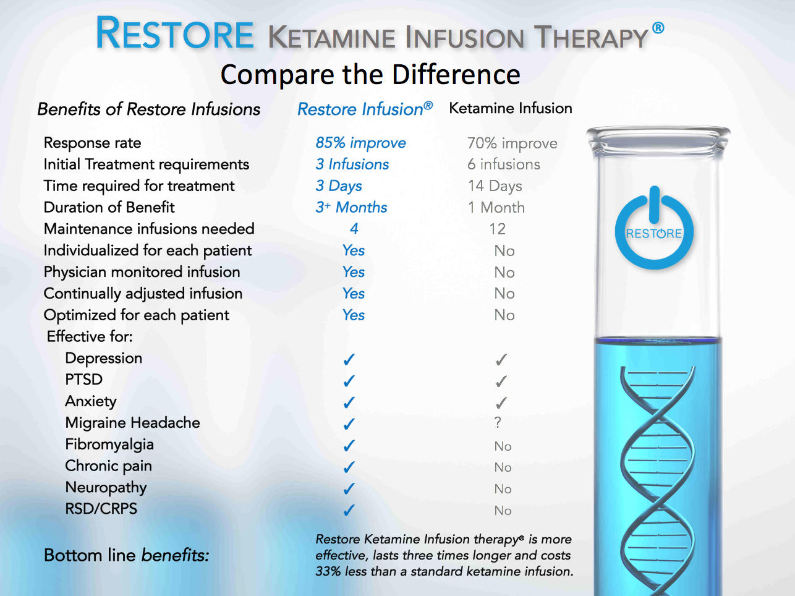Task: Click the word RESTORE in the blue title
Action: tap(175, 34)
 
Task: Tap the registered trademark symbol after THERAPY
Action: tap(658, 28)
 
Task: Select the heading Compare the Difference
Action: tap(370, 75)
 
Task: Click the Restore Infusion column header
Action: tap(364, 109)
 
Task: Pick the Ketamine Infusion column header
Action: tap(510, 108)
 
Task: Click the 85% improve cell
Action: tap(360, 143)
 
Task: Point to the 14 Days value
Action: tap(495, 186)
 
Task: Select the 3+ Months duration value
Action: tap(351, 207)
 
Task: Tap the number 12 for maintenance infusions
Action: tap(497, 229)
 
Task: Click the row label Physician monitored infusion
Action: tap(142, 272)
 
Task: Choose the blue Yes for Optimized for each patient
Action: tap(354, 315)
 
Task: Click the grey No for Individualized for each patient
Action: tap(504, 251)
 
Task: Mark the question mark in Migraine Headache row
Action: tap(498, 423)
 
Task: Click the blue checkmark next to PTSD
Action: tap(349, 381)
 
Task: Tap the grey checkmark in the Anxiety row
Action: tap(501, 403)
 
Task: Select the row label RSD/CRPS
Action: tap(101, 509)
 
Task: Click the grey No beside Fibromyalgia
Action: tap(503, 446)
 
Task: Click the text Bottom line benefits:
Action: tap(126, 555)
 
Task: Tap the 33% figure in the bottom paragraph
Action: tap(328, 571)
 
